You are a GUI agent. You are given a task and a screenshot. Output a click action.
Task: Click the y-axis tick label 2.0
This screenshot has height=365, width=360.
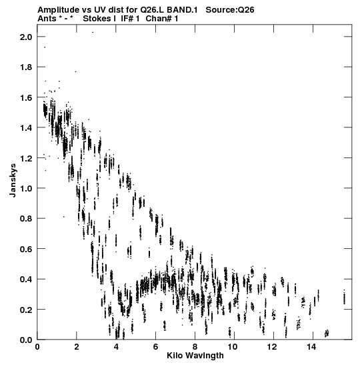click(x=26, y=37)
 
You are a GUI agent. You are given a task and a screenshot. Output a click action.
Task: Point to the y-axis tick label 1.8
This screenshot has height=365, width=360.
click(x=26, y=67)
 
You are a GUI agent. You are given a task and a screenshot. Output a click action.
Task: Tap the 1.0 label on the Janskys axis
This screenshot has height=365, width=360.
click(x=26, y=188)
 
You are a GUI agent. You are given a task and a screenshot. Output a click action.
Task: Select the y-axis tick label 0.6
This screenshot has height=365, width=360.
click(x=26, y=249)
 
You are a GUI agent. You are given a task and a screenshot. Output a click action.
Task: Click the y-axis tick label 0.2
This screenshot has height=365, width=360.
click(x=26, y=310)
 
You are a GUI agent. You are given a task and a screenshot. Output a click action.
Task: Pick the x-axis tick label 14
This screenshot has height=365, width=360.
click(x=311, y=347)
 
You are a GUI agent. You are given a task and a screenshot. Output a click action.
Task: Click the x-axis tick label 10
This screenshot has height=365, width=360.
click(x=232, y=347)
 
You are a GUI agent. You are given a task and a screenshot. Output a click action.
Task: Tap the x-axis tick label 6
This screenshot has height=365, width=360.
click(x=155, y=347)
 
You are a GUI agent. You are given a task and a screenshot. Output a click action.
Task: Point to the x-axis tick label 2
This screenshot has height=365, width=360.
click(x=77, y=347)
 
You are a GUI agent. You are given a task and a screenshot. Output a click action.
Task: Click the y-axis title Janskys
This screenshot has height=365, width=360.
click(x=13, y=180)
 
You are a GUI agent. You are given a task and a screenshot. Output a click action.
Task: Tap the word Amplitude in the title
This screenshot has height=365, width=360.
click(x=59, y=10)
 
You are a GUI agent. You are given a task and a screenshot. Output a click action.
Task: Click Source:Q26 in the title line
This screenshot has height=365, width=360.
click(x=230, y=10)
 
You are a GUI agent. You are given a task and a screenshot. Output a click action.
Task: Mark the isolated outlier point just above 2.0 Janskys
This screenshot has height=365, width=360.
click(x=93, y=32)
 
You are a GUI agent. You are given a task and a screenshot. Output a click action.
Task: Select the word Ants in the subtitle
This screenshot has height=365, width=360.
click(x=47, y=19)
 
